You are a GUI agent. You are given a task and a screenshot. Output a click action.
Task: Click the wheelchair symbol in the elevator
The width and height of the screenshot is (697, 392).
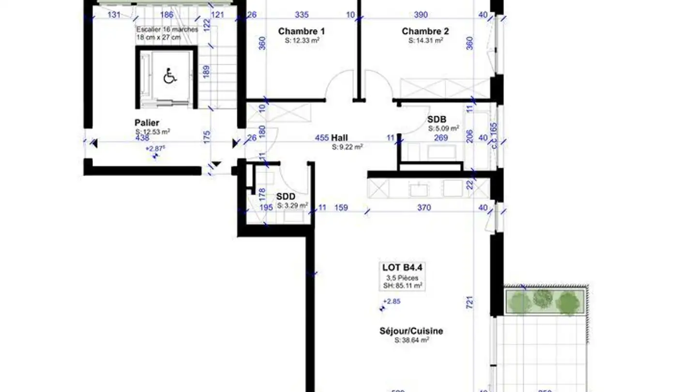point(169,76)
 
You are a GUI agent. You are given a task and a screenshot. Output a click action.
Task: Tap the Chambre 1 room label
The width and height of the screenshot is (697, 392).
point(301,31)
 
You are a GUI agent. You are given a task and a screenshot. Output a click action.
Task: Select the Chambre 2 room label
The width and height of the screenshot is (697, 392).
point(425,31)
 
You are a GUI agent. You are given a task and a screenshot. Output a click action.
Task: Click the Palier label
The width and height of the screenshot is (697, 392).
point(147,123)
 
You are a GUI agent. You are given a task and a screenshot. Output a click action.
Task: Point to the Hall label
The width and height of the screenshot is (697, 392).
point(339,138)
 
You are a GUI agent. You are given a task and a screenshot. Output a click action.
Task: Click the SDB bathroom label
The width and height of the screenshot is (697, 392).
point(437,119)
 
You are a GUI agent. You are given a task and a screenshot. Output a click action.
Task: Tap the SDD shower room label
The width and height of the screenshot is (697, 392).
point(286,196)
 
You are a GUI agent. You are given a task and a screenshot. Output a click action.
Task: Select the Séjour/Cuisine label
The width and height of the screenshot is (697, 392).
point(411,331)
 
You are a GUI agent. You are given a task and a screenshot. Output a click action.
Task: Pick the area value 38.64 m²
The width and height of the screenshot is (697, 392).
point(411,340)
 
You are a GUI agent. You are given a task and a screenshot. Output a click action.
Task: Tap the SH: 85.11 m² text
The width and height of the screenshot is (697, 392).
point(403,286)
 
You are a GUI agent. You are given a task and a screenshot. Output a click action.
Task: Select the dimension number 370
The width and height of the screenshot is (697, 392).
point(424,208)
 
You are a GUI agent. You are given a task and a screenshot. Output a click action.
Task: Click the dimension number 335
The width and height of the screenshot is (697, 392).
point(302,15)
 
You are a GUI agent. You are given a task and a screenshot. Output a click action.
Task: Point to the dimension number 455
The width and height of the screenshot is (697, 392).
point(322,138)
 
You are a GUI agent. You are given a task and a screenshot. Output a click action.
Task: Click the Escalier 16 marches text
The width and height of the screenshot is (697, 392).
point(167,30)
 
